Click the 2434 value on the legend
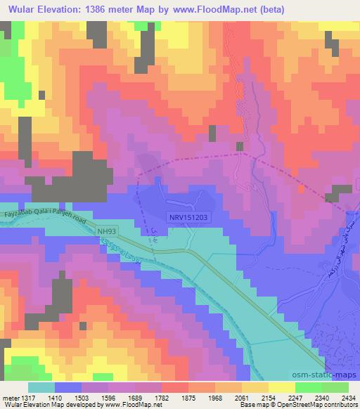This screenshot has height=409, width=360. (x=347, y=397)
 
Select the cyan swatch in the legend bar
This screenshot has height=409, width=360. (x=41, y=387)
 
